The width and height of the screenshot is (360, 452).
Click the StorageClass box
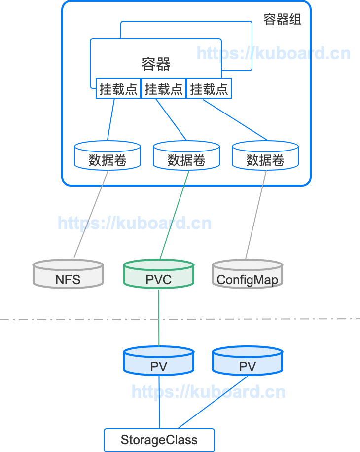(159, 440)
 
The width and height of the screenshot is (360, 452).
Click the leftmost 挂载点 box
(118, 89)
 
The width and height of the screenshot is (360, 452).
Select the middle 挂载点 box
(164, 89)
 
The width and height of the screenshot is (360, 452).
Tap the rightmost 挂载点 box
(209, 89)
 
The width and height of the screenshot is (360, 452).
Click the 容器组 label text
(283, 20)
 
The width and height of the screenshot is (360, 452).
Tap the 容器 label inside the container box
(156, 64)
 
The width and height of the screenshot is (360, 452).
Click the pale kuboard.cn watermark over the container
(274, 53)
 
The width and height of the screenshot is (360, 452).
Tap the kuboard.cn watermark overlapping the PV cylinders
(208, 392)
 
